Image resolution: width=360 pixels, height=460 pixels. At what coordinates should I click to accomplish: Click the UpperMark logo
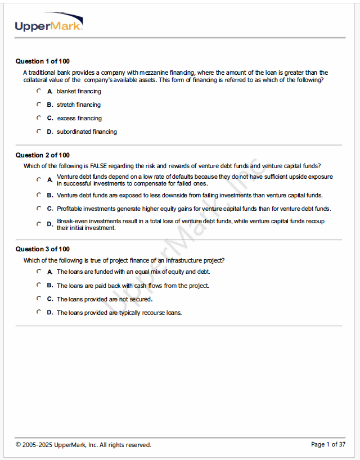pos(49,23)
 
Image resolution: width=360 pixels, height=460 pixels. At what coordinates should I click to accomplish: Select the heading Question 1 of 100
pos(42,61)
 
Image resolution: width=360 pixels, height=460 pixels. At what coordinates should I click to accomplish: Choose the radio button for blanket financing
pos(39,91)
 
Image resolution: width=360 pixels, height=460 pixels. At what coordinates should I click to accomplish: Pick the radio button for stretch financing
pos(39,104)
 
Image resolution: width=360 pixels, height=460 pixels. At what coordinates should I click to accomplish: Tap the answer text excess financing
pos(79,118)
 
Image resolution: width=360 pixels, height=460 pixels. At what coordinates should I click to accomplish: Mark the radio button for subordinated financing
pos(39,131)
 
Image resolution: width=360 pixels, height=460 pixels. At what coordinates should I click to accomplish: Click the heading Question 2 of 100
pos(42,155)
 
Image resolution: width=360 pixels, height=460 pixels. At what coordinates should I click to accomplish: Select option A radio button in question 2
pos(39,179)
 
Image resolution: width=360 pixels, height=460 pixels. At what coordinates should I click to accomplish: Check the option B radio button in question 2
pos(39,195)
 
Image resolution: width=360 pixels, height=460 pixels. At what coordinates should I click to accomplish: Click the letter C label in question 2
pos(50,209)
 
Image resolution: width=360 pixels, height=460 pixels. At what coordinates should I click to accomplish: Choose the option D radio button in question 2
pos(39,224)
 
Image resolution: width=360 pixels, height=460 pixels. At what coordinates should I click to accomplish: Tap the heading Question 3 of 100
pos(42,249)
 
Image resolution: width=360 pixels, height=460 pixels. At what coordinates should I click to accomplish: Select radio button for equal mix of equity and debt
pos(39,271)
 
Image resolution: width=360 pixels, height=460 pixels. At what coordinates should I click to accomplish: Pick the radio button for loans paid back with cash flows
pos(39,285)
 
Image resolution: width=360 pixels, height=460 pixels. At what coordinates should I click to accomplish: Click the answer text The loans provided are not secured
pos(105,299)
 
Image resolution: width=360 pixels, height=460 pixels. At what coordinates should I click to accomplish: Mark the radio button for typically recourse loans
pos(39,312)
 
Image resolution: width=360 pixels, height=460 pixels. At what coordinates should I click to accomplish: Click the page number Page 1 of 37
pos(328,445)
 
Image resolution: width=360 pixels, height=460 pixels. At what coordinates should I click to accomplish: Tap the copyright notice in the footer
pos(83,445)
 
